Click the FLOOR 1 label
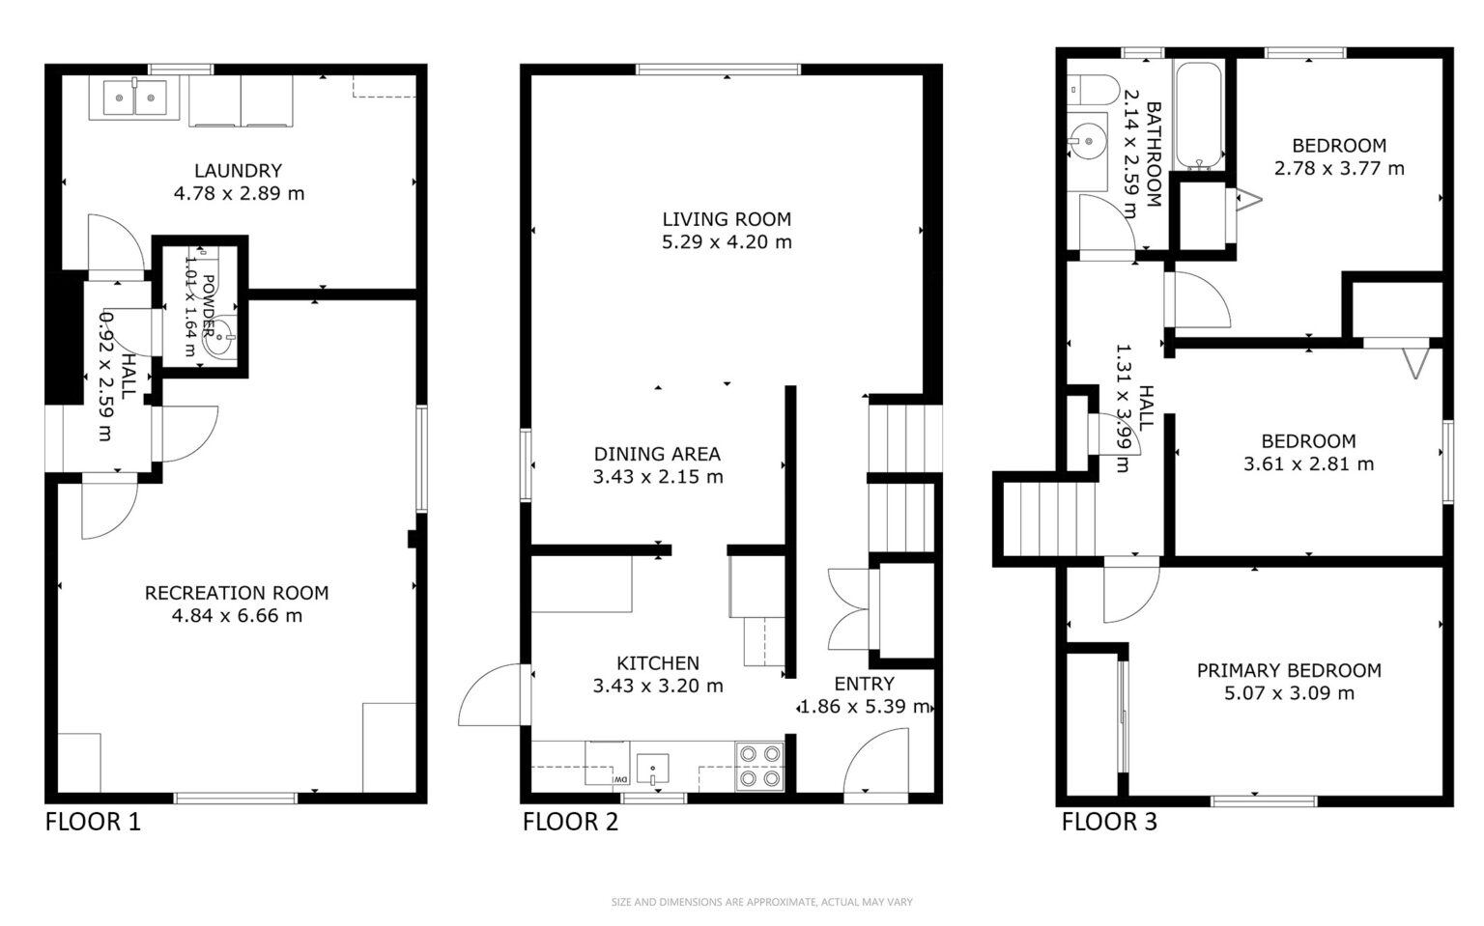pyautogui.click(x=93, y=822)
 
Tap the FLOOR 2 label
pyautogui.click(x=570, y=822)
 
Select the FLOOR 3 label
pyautogui.click(x=1109, y=822)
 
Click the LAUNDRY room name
pyautogui.click(x=239, y=171)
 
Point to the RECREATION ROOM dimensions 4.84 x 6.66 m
pyautogui.click(x=237, y=616)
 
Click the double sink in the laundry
pyautogui.click(x=135, y=98)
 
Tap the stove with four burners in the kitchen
pyautogui.click(x=760, y=766)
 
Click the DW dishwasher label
pyautogui.click(x=620, y=780)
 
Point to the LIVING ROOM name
pyautogui.click(x=727, y=219)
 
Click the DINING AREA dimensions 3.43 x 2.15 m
pyautogui.click(x=658, y=477)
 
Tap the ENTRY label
pyautogui.click(x=865, y=684)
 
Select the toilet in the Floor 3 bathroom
pyautogui.click(x=1093, y=90)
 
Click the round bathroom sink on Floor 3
pyautogui.click(x=1088, y=141)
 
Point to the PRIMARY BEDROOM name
pyautogui.click(x=1289, y=670)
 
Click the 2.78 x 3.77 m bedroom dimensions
pyautogui.click(x=1340, y=168)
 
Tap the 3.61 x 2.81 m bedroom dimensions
pyautogui.click(x=1308, y=464)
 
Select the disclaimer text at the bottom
pyautogui.click(x=762, y=902)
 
